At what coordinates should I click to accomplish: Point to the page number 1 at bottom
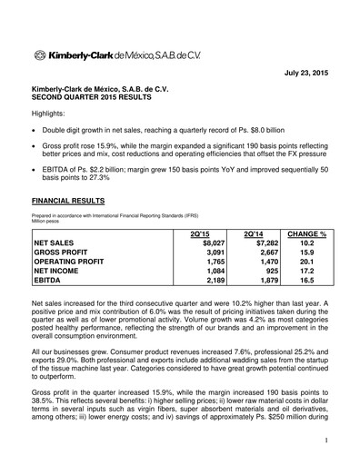click(x=325, y=440)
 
